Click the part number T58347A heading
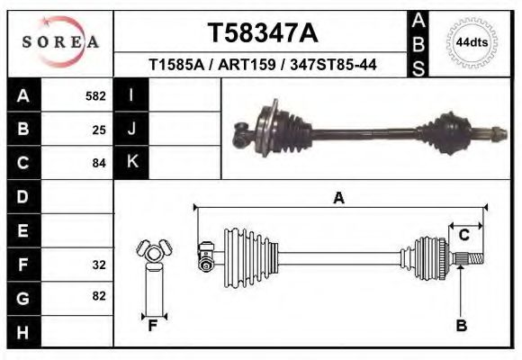tap(263, 33)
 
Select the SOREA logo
tap(60, 42)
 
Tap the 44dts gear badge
tap(472, 42)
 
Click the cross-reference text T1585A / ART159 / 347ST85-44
tap(263, 65)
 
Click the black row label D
tap(23, 196)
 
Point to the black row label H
tap(23, 332)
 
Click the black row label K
tap(132, 162)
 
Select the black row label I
tap(132, 94)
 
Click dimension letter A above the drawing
tap(339, 198)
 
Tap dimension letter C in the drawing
tap(464, 235)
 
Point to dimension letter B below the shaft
tap(462, 326)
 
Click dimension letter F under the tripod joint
tap(153, 326)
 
